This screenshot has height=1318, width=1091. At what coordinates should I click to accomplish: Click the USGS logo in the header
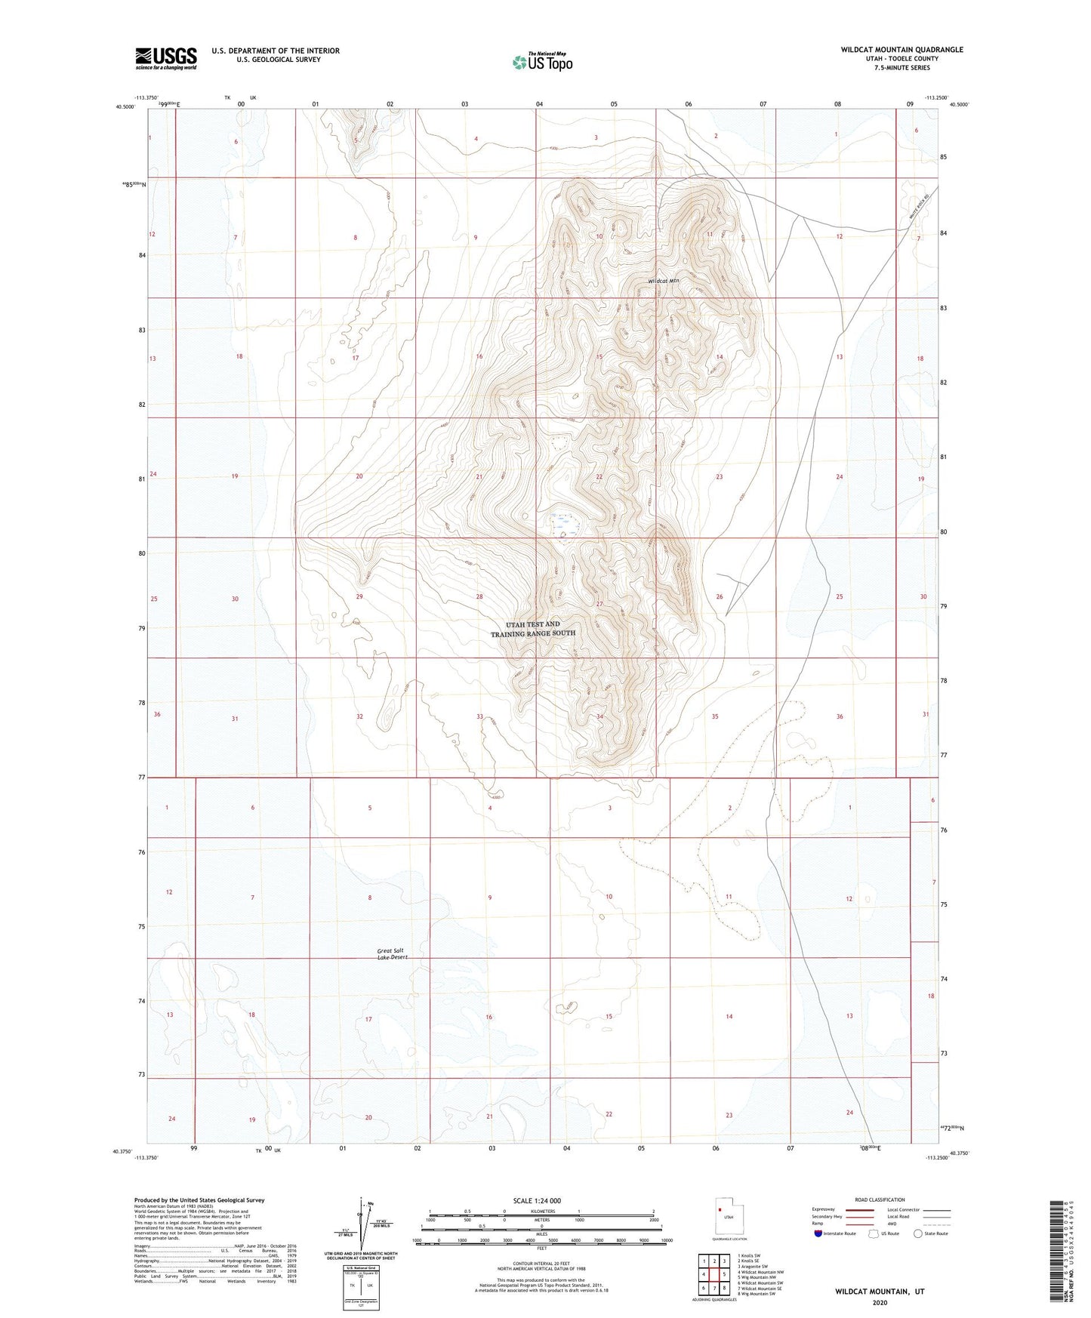[165, 58]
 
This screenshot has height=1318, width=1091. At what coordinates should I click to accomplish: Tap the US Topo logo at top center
[542, 62]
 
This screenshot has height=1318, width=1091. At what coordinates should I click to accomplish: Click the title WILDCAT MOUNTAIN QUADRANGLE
[901, 50]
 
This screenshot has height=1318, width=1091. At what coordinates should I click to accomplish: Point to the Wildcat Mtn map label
[663, 281]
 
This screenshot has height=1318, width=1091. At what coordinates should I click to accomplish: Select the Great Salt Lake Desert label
[393, 953]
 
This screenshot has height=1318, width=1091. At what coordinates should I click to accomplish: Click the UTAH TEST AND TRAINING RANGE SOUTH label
[533, 629]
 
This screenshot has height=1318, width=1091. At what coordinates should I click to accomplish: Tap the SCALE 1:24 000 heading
[537, 1200]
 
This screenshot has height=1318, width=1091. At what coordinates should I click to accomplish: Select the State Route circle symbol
[918, 1233]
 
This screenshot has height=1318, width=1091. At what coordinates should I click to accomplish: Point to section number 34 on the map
[599, 716]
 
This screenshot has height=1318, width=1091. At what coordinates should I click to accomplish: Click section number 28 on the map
[479, 597]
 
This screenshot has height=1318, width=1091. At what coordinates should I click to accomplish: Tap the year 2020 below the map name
[879, 1301]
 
